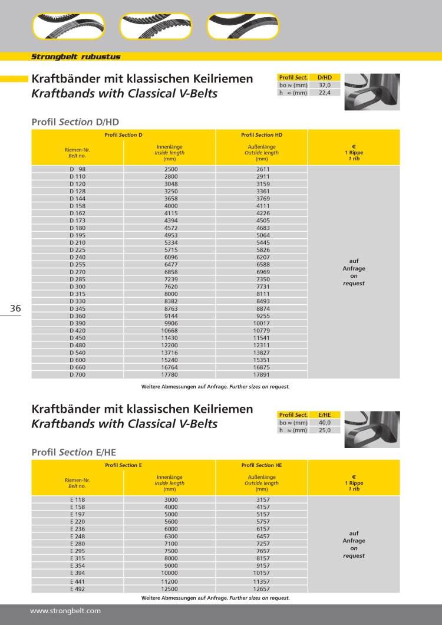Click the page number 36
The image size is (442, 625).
(15, 309)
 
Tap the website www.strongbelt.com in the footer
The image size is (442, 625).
(65, 611)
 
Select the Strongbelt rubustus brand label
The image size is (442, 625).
(75, 57)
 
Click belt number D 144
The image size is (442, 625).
(77, 199)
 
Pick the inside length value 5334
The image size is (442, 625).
(170, 242)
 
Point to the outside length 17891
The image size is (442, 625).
(262, 374)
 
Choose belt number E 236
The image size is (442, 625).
(77, 528)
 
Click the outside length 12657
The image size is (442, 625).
(262, 588)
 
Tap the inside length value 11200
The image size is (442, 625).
(170, 581)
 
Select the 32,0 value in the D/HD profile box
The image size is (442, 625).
(324, 85)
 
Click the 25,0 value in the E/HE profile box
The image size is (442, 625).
(324, 430)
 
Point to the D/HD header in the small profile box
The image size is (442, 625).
(324, 77)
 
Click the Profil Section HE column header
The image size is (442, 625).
(262, 465)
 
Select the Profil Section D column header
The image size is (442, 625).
(123, 135)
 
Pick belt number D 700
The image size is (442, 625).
(77, 374)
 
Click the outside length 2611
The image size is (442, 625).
(262, 170)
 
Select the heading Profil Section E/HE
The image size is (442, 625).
(74, 452)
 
